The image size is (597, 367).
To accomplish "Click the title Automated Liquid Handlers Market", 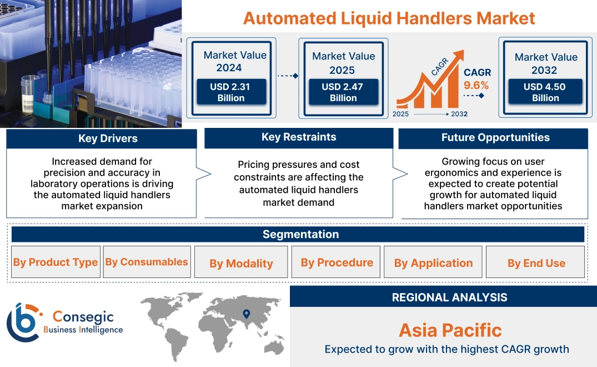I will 389,18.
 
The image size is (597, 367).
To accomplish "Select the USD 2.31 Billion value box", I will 231,92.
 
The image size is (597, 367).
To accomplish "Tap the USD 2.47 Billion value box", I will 343,92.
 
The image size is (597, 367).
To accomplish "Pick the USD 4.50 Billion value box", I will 545,92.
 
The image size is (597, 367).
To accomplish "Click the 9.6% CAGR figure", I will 476,85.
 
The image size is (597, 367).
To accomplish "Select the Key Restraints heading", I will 299,137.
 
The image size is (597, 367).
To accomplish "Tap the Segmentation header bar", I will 300,234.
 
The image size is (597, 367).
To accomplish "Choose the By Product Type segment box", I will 56,262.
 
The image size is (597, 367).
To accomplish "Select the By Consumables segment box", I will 147,262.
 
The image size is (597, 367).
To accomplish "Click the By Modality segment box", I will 241,263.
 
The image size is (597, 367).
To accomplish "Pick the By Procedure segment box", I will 337,262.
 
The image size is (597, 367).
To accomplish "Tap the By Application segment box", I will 433,263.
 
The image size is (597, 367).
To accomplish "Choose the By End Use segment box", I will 536,263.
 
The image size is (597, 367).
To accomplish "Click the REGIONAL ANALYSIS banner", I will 449,297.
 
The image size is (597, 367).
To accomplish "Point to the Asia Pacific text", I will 450,330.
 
